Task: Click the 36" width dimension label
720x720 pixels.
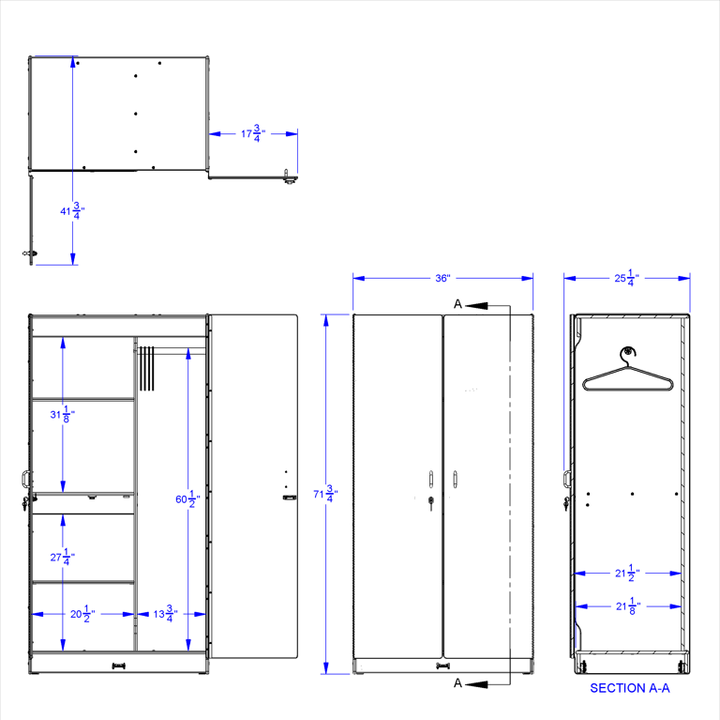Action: (x=442, y=278)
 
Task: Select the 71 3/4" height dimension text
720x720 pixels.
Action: (x=325, y=494)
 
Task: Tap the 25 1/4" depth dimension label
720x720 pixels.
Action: (x=626, y=278)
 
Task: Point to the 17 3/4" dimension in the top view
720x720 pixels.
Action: (x=253, y=133)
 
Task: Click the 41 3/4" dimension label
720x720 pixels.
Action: (x=72, y=210)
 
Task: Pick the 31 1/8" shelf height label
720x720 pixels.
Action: (x=63, y=414)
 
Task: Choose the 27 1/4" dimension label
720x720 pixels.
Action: (x=63, y=557)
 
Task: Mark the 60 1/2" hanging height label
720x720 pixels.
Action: (x=187, y=498)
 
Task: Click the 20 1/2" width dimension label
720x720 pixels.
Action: (x=82, y=614)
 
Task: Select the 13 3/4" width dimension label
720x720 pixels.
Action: (x=165, y=614)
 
